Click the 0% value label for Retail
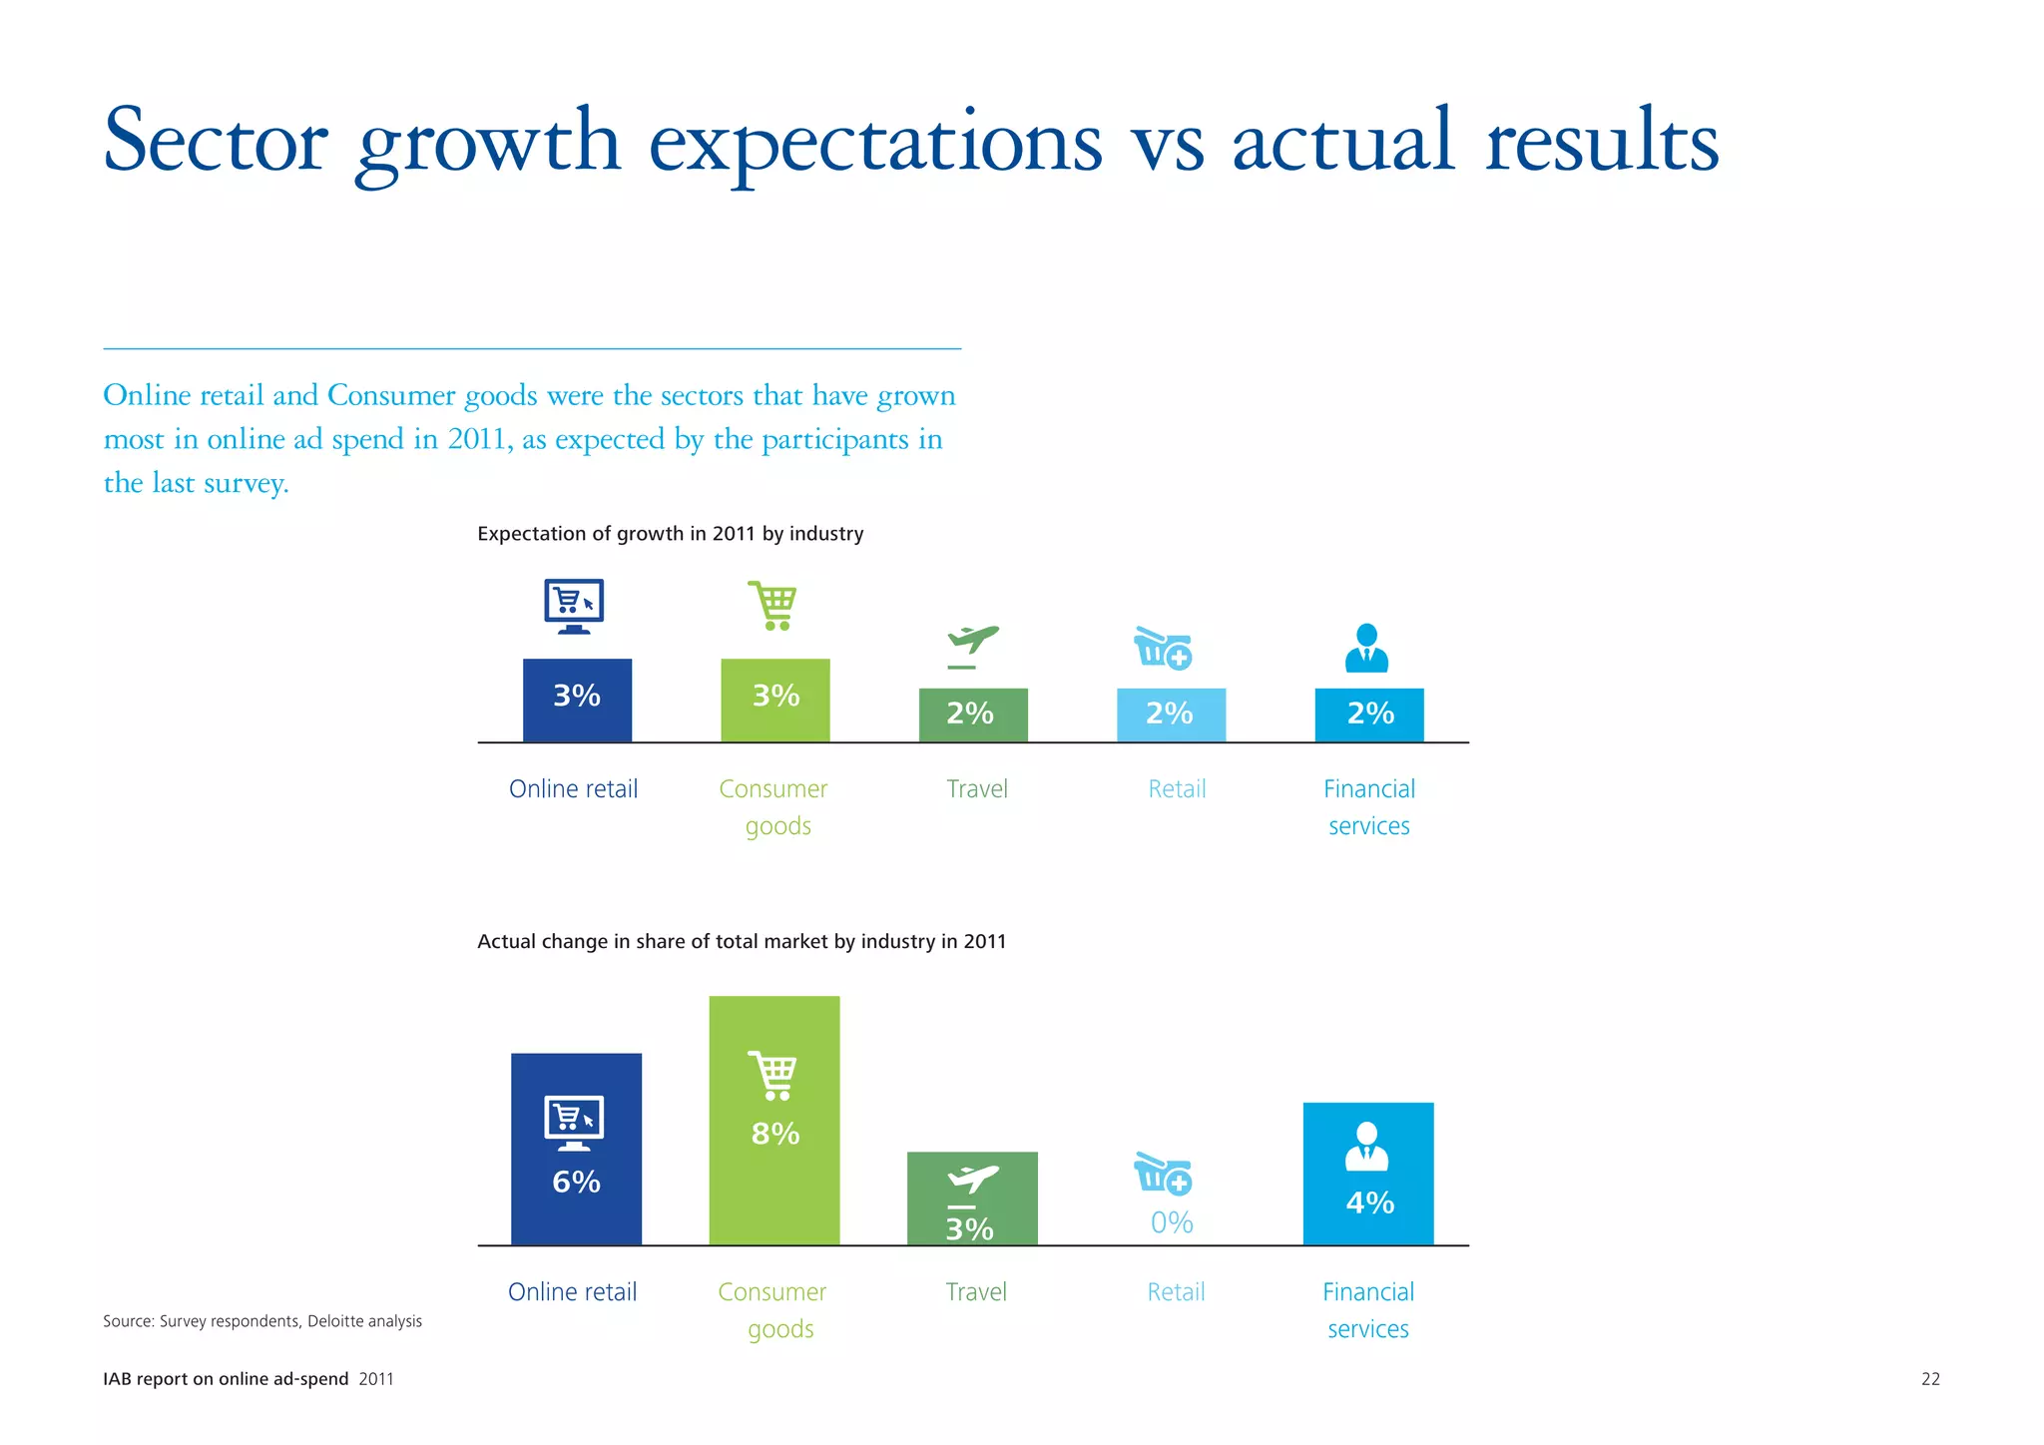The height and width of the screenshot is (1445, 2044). (1172, 1222)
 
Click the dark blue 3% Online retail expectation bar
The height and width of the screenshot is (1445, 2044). (577, 701)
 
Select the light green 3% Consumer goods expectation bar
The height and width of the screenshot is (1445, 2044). (775, 701)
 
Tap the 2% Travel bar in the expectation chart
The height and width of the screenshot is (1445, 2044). (973, 715)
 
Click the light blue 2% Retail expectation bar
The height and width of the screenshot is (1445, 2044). (1171, 715)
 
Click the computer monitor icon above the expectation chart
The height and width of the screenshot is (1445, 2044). (574, 605)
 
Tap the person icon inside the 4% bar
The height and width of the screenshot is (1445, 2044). (1367, 1147)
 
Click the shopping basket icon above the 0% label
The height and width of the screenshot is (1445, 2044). (1163, 1174)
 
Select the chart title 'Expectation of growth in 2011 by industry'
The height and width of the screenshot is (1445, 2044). (670, 534)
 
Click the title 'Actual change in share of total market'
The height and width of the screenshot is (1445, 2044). (741, 941)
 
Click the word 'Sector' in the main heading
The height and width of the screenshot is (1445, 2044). (216, 142)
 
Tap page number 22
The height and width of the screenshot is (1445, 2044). (1930, 1379)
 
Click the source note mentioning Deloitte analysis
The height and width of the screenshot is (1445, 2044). (262, 1321)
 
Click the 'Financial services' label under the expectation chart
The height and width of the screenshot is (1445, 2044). (1369, 806)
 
